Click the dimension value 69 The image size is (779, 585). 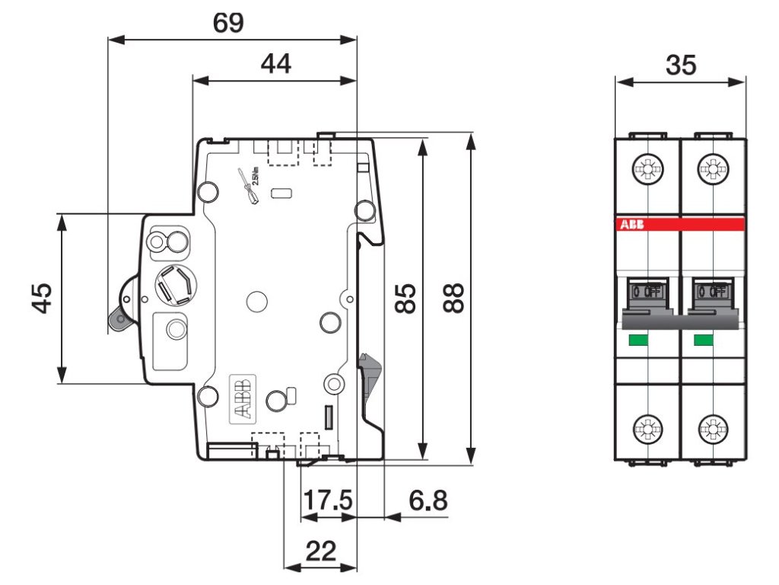pos(228,23)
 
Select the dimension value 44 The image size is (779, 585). pos(275,64)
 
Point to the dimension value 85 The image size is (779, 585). pos(406,299)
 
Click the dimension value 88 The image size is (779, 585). pos(454,298)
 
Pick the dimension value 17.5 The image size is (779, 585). pos(328,500)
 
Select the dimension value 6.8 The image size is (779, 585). pos(428,500)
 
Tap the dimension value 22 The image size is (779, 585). pos(320,551)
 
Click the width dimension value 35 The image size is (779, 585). pos(680,66)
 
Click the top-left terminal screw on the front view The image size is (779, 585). pos(647,167)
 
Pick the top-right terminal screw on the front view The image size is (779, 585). pos(713,167)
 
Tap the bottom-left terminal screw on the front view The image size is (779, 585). pos(647,430)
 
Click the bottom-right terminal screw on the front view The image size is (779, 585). pos(713,430)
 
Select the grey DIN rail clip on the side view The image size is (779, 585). pos(370,378)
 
